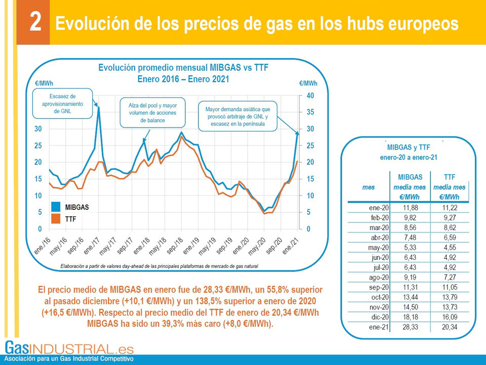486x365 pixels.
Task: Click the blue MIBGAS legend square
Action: point(55,207)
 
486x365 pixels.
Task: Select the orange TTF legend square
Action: point(55,219)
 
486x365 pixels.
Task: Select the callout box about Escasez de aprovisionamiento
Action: point(63,104)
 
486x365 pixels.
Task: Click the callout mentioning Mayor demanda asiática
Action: point(237,116)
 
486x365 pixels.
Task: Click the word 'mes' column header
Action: point(369,187)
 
